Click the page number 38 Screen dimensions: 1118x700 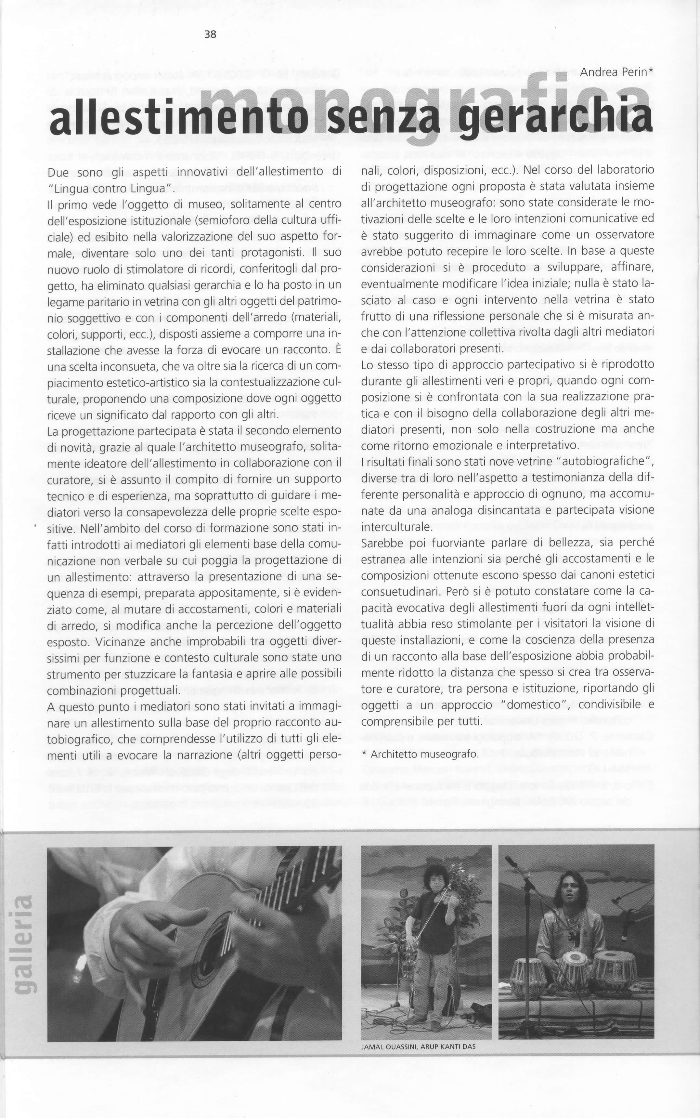coord(210,34)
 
